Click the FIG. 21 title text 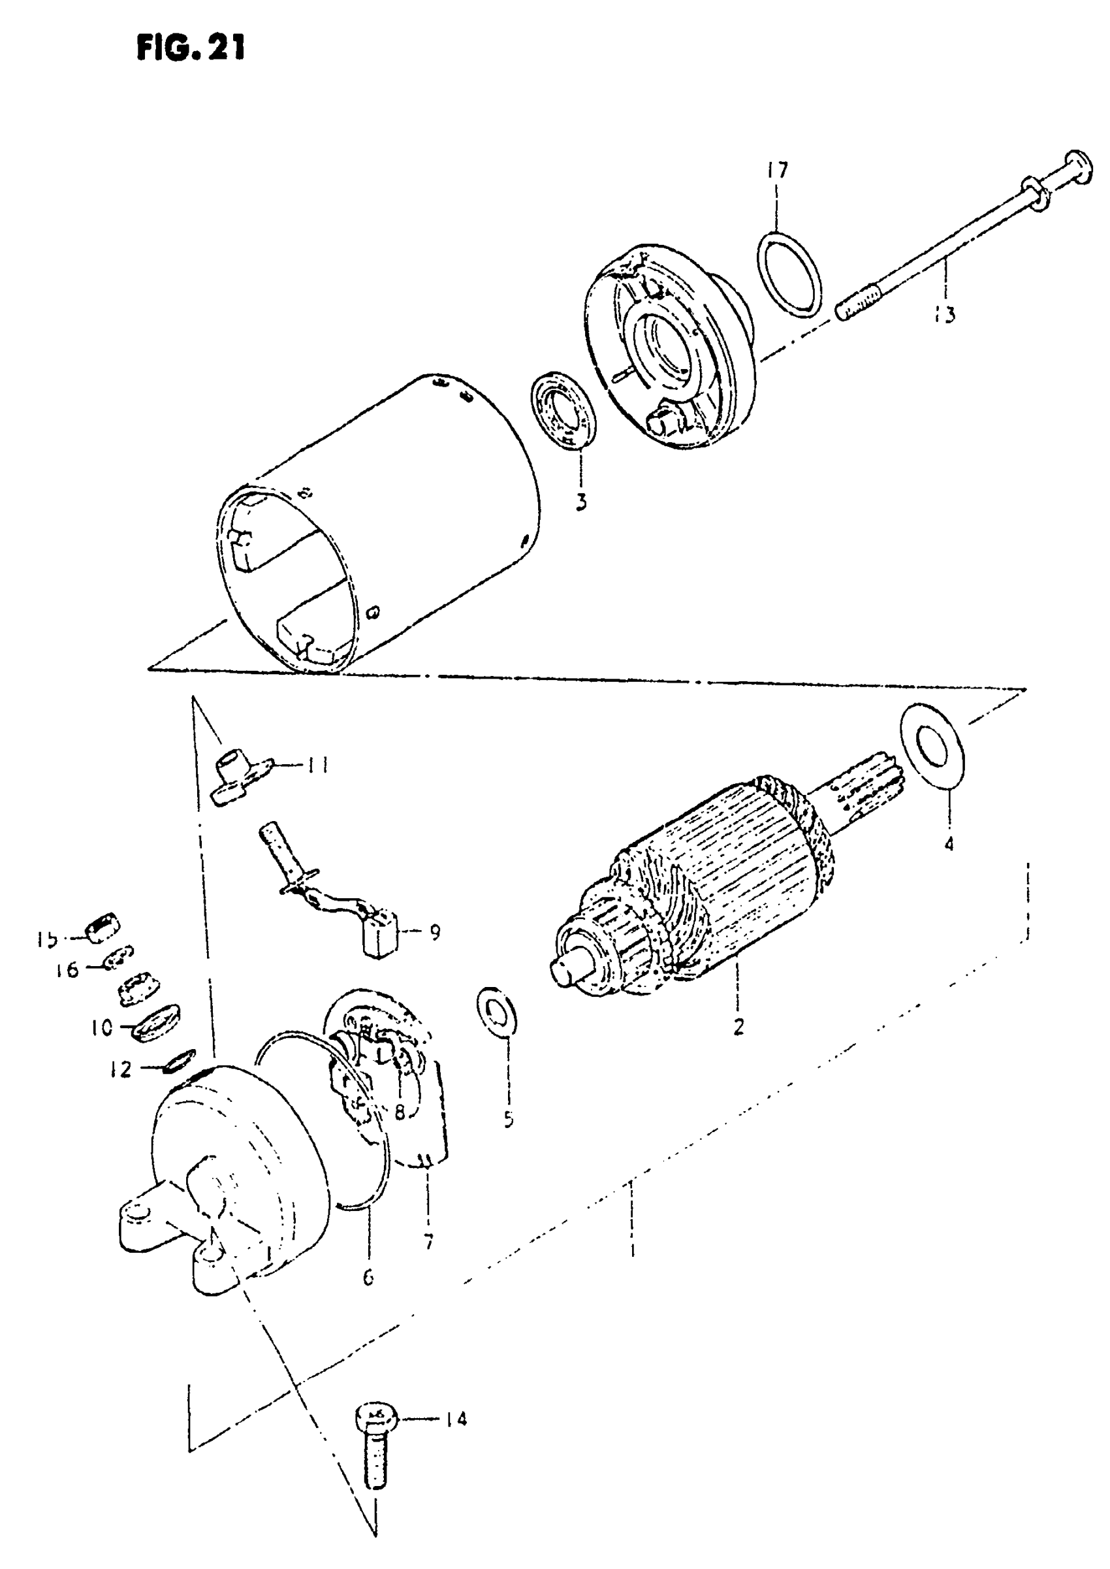coord(191,48)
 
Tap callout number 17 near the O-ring coord(776,170)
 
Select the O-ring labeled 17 coord(789,274)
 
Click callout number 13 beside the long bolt coord(945,315)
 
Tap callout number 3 coord(580,502)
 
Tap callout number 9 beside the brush coord(435,932)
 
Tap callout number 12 coord(121,1069)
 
